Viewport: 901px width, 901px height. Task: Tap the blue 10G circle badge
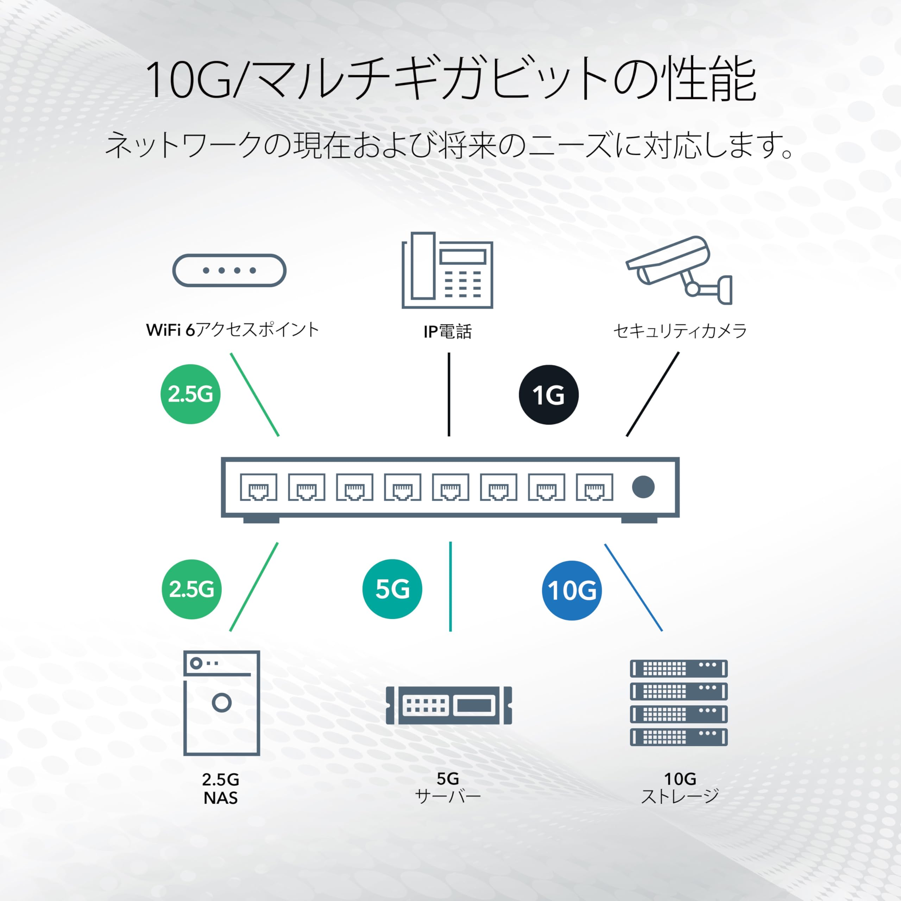tap(572, 591)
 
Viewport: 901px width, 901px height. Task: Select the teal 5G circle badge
tap(392, 589)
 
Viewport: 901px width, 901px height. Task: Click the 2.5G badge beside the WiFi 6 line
tap(190, 394)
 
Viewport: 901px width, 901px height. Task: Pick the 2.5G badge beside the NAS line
tap(192, 590)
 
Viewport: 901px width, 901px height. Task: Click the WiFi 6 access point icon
tap(229, 271)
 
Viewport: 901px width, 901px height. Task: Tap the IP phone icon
tap(447, 271)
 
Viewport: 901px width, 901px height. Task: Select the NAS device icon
tap(221, 703)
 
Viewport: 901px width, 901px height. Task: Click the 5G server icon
tap(449, 705)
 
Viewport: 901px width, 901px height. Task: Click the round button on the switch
tap(643, 487)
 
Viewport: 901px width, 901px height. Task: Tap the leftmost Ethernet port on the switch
tap(258, 487)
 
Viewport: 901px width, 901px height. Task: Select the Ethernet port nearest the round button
tap(594, 487)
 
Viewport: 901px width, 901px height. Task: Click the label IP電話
tap(448, 332)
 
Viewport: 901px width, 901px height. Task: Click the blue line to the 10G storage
tap(633, 588)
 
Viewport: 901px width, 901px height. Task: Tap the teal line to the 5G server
tap(450, 587)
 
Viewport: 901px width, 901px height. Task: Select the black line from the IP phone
tap(449, 395)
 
